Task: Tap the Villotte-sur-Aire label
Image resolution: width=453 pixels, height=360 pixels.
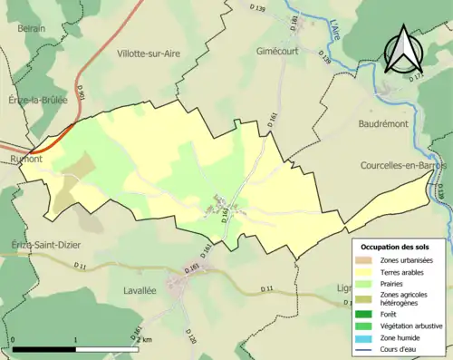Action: [x=149, y=54]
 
